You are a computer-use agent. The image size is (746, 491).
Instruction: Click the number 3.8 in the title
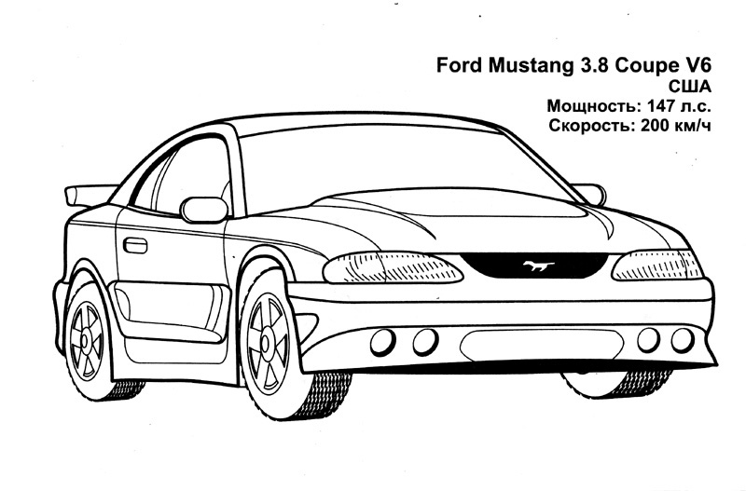pyautogui.click(x=583, y=66)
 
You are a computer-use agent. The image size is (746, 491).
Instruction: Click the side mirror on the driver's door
pyautogui.click(x=203, y=209)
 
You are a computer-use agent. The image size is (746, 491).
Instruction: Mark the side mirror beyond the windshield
pyautogui.click(x=590, y=192)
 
